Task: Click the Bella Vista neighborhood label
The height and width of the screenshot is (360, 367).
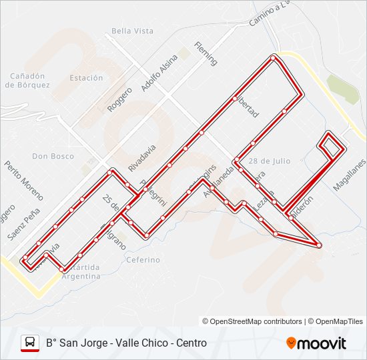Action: pos(133,31)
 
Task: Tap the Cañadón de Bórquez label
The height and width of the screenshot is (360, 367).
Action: pos(27,80)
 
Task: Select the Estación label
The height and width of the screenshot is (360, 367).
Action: pos(86,78)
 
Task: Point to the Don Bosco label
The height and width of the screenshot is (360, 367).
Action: pos(53,156)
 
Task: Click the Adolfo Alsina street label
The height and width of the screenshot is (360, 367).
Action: pos(156,73)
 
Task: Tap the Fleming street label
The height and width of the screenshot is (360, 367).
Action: pos(206,53)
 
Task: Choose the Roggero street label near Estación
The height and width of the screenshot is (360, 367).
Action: pos(120,98)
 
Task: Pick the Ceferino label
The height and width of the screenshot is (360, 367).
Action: pos(143,259)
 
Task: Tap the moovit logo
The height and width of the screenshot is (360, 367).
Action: pos(316,343)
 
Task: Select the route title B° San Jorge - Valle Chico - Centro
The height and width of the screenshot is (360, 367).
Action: pos(126,343)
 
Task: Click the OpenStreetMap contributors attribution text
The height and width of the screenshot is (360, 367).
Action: pos(256,321)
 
